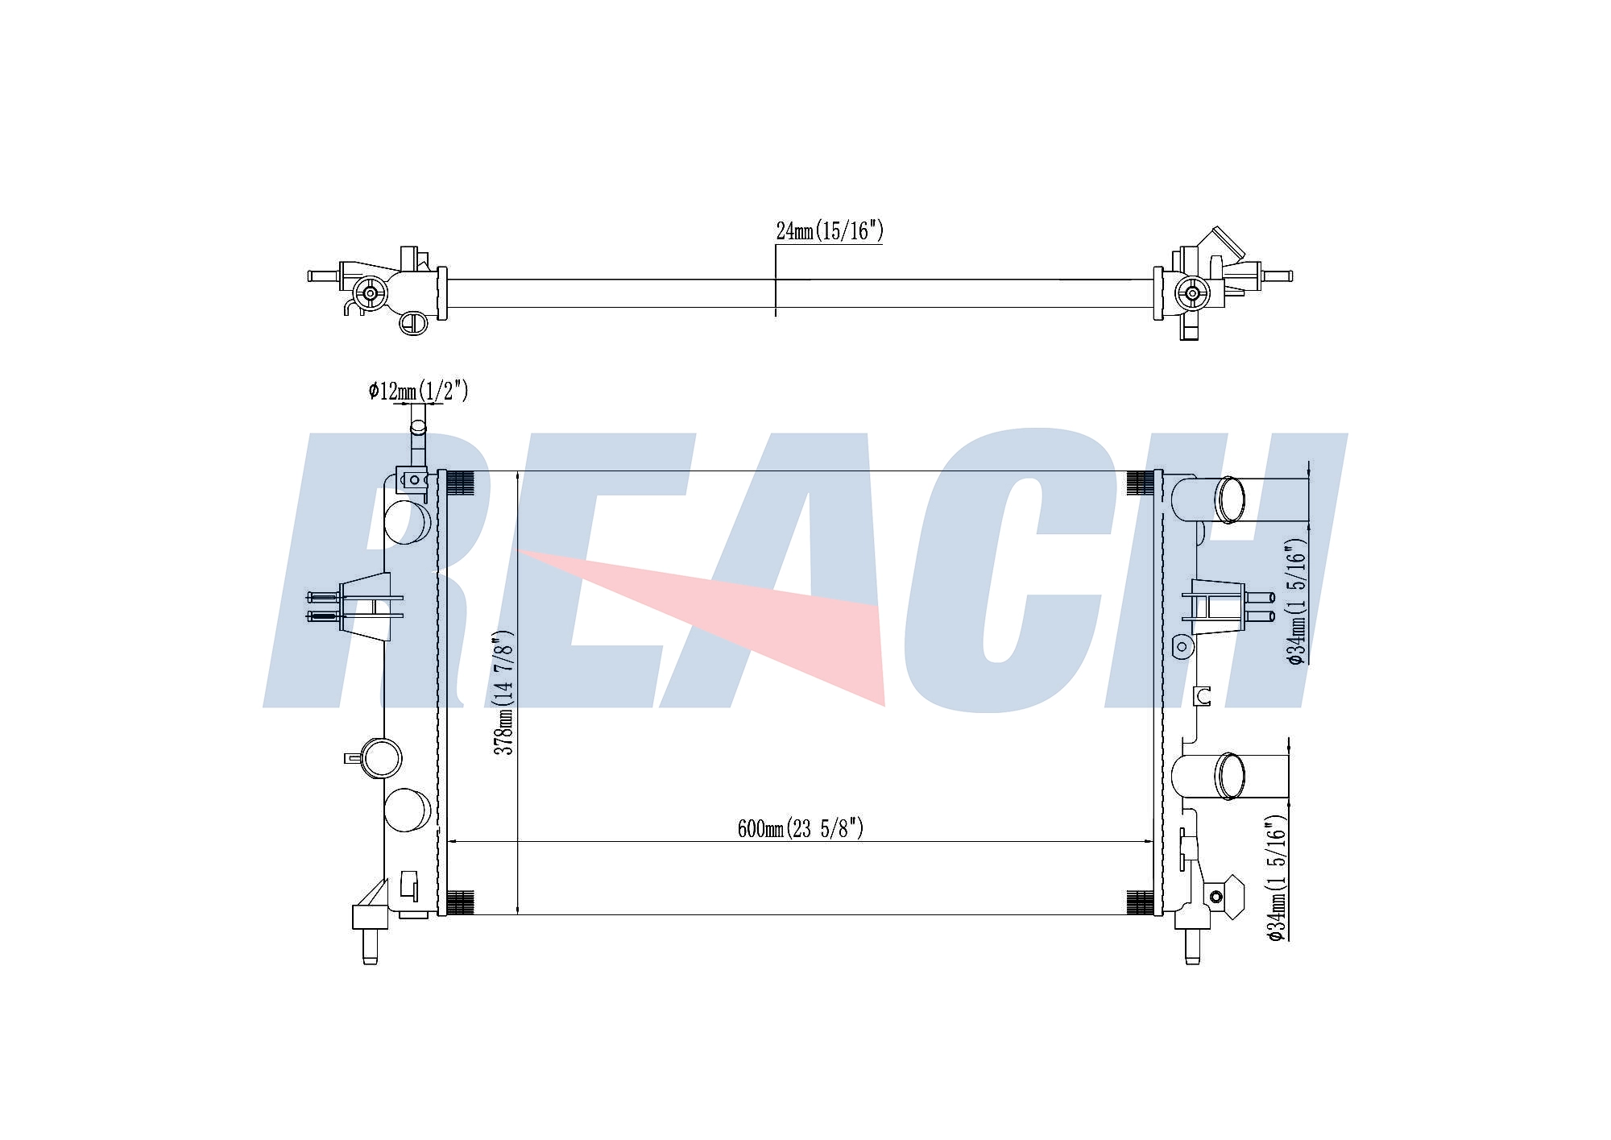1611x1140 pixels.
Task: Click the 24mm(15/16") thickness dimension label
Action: tap(830, 231)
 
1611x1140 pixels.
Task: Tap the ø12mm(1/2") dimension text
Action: tap(418, 392)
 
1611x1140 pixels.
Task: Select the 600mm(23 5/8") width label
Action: tap(800, 828)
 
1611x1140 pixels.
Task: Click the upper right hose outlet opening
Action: tap(1230, 500)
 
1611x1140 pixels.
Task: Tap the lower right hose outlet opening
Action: tap(1230, 776)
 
